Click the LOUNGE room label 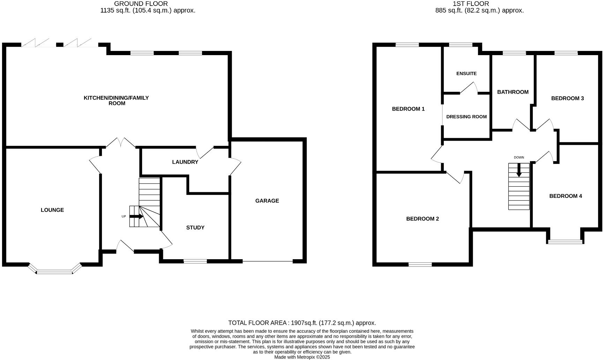[52, 210]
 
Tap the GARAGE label [267, 201]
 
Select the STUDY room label [195, 227]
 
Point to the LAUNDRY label [185, 162]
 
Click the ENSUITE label [466, 74]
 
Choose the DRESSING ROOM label [466, 117]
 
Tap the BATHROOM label [513, 92]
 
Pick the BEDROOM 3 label [567, 98]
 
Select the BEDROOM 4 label [565, 196]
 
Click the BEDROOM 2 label [422, 219]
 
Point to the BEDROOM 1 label [408, 109]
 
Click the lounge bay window [55, 271]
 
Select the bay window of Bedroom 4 [565, 241]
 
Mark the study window [195, 261]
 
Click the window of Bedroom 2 [420, 264]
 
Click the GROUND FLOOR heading [141, 4]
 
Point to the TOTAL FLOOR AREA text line [302, 323]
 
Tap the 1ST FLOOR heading [471, 4]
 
